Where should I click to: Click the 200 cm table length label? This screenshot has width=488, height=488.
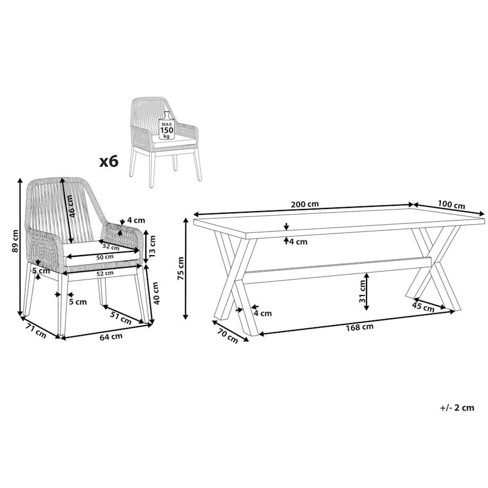304,204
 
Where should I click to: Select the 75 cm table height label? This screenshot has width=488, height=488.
180,268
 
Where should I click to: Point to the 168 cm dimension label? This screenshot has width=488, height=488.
360,327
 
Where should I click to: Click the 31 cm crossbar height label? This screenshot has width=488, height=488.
362,291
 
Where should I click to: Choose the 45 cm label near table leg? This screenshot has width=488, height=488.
423,307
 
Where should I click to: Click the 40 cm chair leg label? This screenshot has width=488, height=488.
156,293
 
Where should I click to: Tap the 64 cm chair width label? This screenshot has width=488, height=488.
111,337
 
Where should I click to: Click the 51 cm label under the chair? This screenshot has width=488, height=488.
121,317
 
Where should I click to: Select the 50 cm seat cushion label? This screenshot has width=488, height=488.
105,257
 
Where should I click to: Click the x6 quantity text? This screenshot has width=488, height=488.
109,162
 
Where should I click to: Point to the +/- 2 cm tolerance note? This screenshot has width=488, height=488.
457,408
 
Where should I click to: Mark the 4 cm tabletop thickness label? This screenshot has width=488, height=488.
298,242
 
